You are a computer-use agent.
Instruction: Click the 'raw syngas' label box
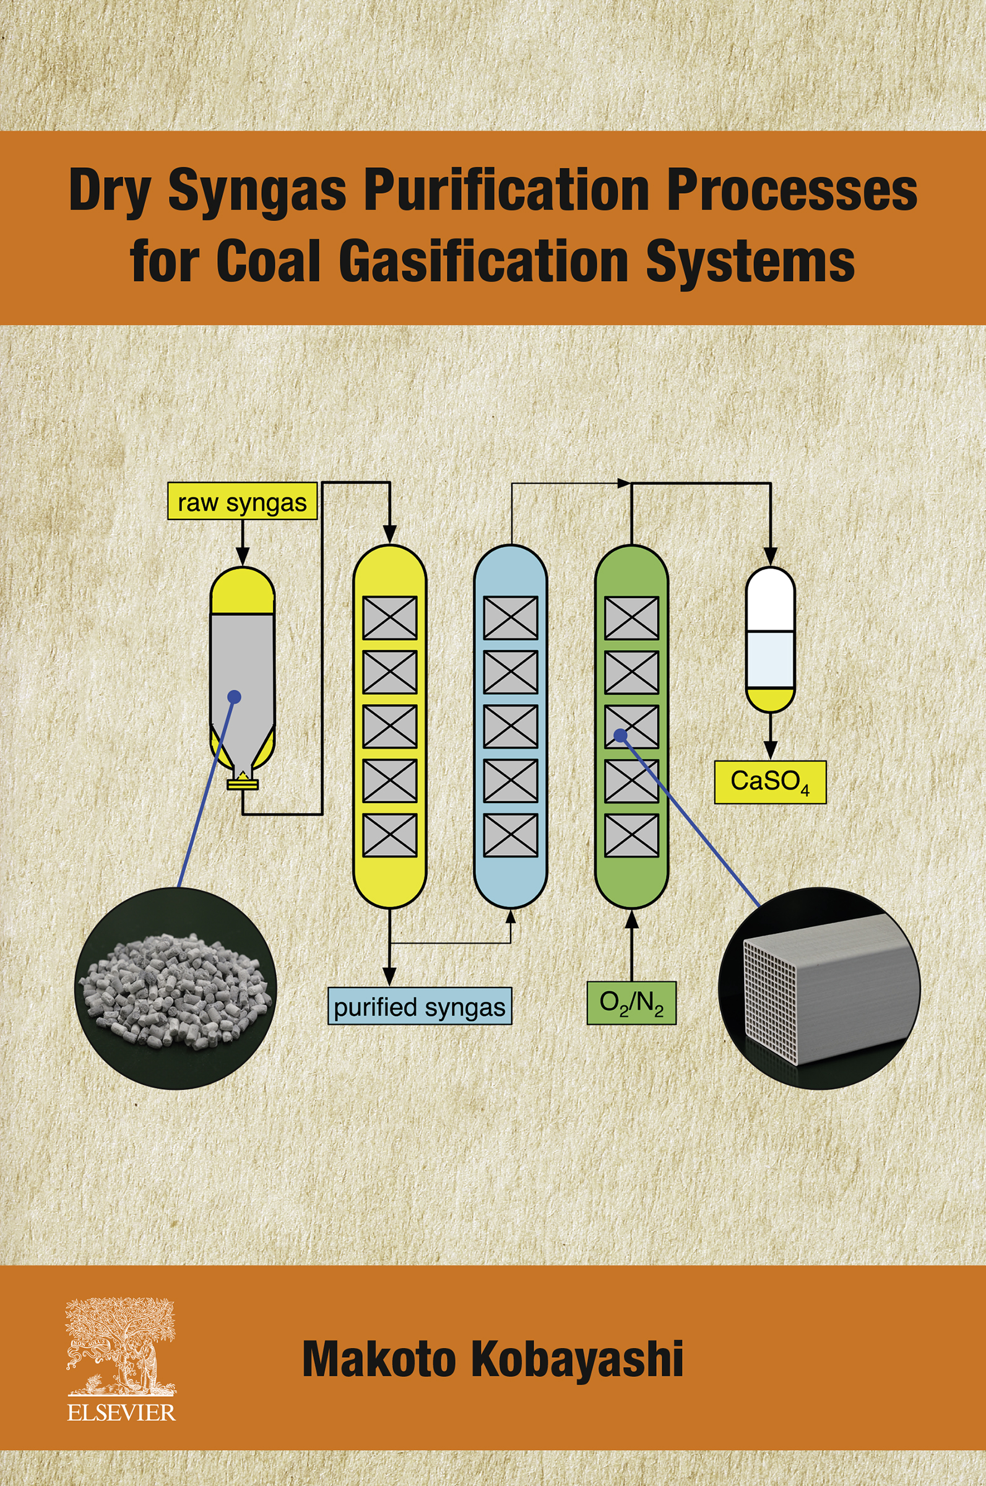click(x=242, y=500)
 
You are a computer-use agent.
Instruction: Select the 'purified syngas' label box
click(x=420, y=1006)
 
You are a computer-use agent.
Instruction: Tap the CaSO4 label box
click(x=770, y=781)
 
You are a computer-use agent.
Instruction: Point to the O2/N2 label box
click(x=631, y=1002)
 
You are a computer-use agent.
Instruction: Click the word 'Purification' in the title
click(x=507, y=191)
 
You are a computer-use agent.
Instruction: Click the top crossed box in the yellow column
click(x=390, y=617)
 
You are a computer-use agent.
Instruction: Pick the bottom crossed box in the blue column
click(x=511, y=835)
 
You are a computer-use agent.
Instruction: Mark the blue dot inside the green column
click(x=621, y=734)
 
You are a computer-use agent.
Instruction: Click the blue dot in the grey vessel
click(x=235, y=696)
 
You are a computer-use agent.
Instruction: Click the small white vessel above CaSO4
click(x=771, y=638)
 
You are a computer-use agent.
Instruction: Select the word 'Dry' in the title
click(x=108, y=191)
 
